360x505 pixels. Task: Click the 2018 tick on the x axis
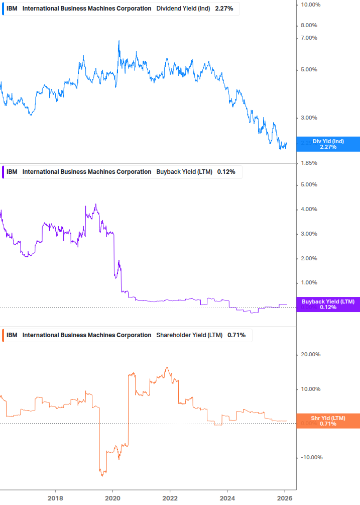point(55,498)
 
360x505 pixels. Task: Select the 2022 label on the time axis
point(170,498)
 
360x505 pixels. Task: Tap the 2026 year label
point(285,498)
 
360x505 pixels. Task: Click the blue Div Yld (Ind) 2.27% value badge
point(328,144)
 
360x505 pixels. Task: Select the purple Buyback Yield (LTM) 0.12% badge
point(328,305)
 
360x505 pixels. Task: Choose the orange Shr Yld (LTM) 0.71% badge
point(328,421)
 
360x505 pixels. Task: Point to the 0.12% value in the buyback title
point(225,172)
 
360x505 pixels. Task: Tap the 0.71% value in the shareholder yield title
point(236,335)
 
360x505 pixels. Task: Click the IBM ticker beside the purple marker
point(12,172)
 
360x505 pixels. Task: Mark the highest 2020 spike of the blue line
point(119,41)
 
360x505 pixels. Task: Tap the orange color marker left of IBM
point(4,335)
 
